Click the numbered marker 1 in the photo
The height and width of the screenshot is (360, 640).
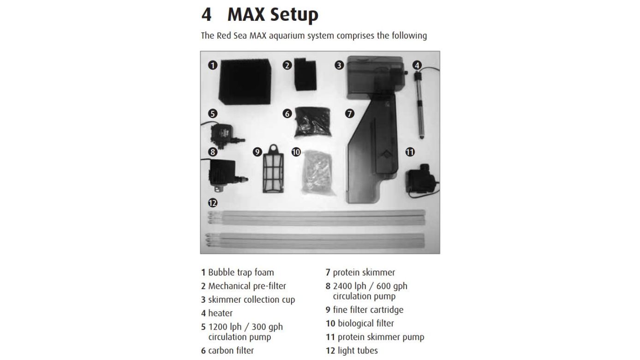click(213, 66)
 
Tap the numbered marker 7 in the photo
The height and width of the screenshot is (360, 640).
click(349, 114)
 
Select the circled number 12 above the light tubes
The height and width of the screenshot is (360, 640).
click(213, 203)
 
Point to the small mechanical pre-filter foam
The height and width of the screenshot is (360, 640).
click(305, 74)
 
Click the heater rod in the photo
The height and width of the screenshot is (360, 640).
click(419, 105)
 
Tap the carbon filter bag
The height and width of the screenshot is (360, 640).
click(312, 122)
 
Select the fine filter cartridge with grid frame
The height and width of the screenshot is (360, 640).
click(273, 168)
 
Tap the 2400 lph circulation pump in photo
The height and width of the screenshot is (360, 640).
click(226, 174)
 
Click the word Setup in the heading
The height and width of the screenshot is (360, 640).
click(273, 15)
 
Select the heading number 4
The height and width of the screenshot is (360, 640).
click(206, 15)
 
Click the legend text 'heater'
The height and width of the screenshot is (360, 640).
click(220, 313)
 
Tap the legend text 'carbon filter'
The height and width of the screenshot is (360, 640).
click(231, 351)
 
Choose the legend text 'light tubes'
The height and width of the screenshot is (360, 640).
click(358, 351)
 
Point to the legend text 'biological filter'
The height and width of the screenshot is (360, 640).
click(366, 324)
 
